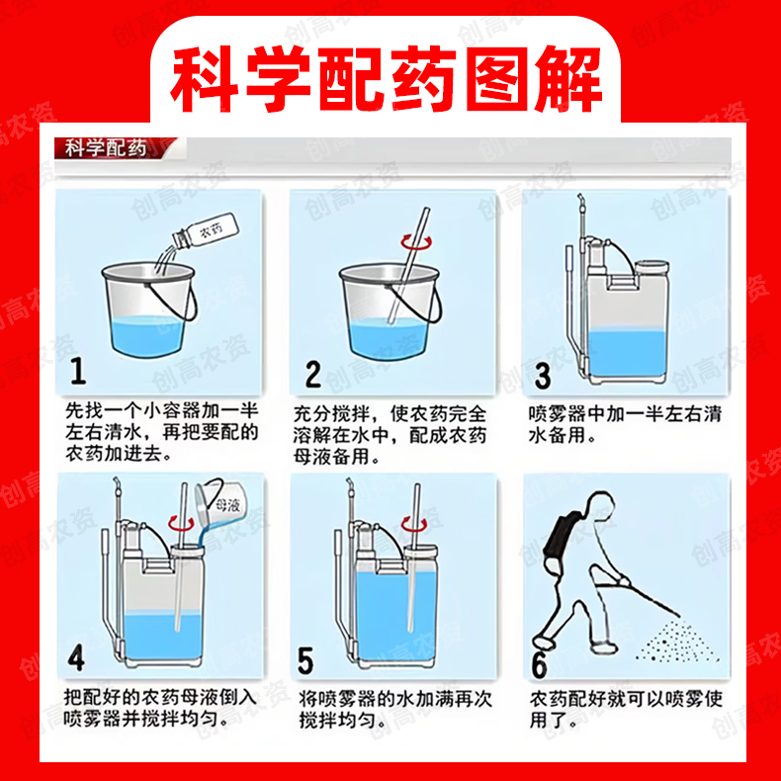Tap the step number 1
point(78,371)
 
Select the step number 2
point(312,374)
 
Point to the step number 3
point(543,376)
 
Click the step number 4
point(76,657)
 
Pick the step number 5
point(305,660)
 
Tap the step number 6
point(539,664)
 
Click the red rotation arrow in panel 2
point(416,242)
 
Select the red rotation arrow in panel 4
point(180,523)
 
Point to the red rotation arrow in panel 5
point(414,525)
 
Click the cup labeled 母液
point(218,504)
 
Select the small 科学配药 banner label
point(106,148)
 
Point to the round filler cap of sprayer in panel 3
point(652,268)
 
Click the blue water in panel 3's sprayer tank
point(627,356)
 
